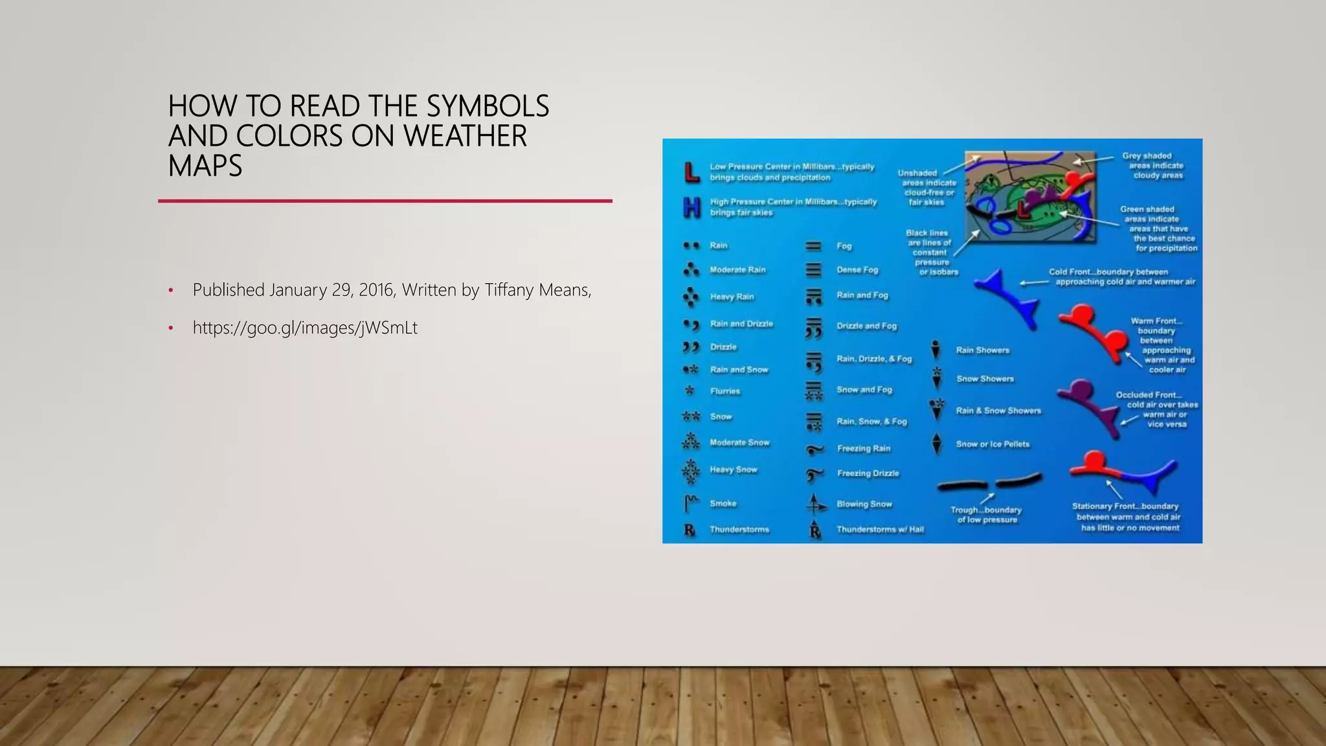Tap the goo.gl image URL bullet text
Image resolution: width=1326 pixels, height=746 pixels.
coord(304,328)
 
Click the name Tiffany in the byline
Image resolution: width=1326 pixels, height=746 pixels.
coord(508,289)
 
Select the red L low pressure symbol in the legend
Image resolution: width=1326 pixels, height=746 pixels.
coord(691,172)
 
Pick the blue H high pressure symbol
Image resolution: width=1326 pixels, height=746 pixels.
coord(691,207)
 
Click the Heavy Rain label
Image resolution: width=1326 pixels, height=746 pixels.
coord(732,297)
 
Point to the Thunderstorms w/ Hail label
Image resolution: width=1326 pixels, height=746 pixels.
coord(880,530)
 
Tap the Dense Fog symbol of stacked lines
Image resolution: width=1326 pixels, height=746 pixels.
coord(813,270)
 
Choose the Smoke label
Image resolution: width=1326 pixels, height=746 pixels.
coord(723,503)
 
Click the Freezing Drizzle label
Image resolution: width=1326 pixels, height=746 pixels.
coord(868,473)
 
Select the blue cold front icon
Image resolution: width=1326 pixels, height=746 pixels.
coord(1007,297)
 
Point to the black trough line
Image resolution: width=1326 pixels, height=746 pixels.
coord(989,482)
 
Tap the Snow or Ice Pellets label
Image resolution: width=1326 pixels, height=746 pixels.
coord(993,444)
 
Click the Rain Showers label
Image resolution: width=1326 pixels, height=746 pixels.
coord(982,350)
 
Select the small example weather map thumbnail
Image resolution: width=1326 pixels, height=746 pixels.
coord(1029,197)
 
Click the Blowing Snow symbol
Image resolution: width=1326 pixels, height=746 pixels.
coord(815,504)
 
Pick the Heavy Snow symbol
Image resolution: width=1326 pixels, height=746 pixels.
coord(691,471)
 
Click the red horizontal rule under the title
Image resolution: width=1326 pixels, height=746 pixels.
coord(385,201)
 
